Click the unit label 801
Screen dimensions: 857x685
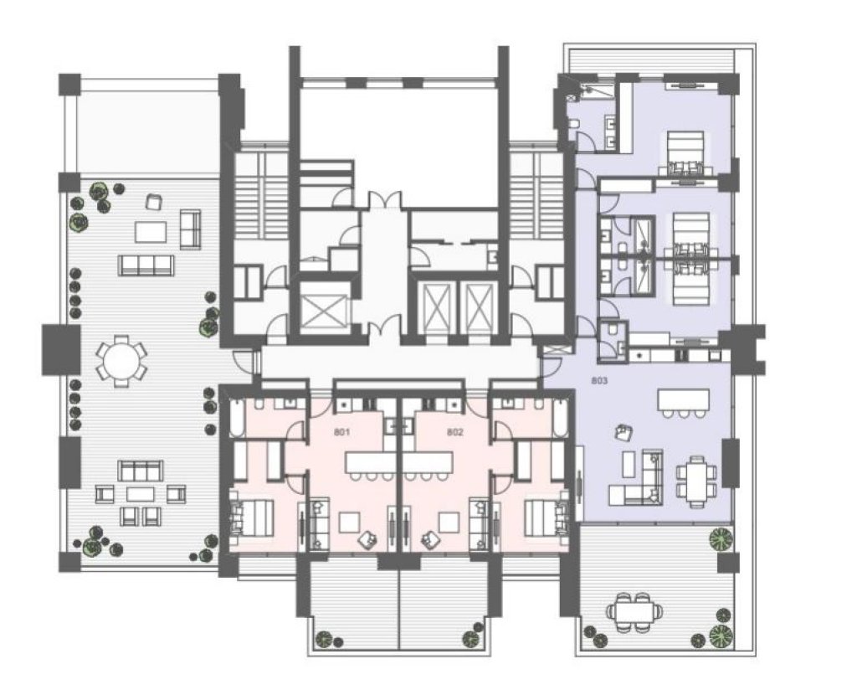pos(341,432)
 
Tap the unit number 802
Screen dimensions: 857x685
pos(454,432)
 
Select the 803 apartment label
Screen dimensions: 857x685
pos(599,380)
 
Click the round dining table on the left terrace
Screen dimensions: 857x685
pos(121,361)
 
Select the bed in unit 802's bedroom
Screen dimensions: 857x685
pos(547,518)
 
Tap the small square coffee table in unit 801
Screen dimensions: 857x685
pos(349,522)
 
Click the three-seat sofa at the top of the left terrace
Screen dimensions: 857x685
pos(146,265)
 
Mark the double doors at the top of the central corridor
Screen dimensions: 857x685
pos(384,201)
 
